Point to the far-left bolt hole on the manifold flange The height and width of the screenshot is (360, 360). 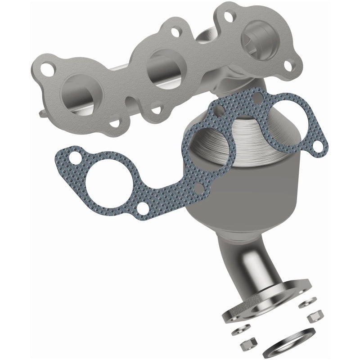pyautogui.click(x=46, y=69)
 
